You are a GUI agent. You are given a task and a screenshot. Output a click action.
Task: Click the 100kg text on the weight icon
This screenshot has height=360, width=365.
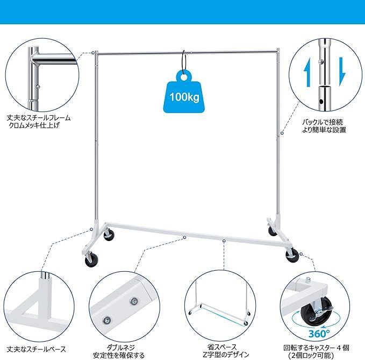click(x=184, y=96)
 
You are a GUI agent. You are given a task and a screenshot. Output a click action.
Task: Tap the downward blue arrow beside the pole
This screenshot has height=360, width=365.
click(x=342, y=72)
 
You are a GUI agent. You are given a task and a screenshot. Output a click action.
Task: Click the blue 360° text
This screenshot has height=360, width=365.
click(x=318, y=334)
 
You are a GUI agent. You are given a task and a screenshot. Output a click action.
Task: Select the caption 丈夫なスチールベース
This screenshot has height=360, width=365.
click(x=37, y=349)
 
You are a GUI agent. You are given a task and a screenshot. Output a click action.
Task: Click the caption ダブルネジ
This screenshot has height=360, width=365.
click(x=121, y=348)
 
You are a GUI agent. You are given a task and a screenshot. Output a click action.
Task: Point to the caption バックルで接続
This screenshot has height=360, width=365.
click(x=323, y=122)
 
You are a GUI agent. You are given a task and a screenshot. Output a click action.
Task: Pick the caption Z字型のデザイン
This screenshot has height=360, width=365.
click(x=226, y=355)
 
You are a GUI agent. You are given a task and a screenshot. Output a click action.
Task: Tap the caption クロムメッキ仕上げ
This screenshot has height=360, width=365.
click(x=34, y=125)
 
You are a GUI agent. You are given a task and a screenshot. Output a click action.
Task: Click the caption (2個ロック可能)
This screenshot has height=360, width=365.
click(x=311, y=355)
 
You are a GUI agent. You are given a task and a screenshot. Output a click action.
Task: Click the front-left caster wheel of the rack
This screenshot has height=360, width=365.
click(x=91, y=260)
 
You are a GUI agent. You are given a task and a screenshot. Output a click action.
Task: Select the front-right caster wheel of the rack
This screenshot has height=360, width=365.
click(x=292, y=256)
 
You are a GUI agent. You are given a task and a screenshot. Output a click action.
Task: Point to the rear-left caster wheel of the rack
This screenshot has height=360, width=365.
click(x=109, y=235)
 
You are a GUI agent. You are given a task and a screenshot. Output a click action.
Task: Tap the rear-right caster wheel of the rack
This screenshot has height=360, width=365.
click(x=273, y=231)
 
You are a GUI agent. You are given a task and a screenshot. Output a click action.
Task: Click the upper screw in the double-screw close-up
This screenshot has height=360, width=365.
click(x=134, y=301)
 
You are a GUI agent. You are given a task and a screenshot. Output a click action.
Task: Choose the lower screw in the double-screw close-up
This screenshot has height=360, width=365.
click(x=107, y=319)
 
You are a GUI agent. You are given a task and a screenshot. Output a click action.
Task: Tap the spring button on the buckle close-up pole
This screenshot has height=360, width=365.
click(x=320, y=61)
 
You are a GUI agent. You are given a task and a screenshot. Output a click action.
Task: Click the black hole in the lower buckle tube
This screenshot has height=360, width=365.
click(x=321, y=102)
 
